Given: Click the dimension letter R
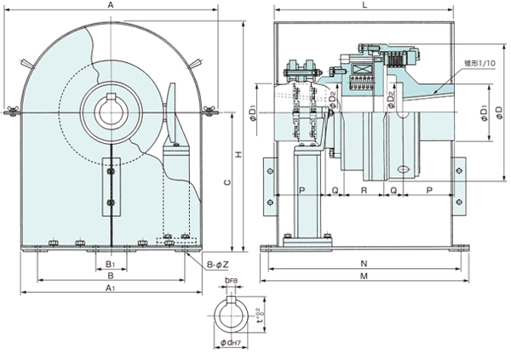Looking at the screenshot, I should pyautogui.click(x=364, y=191).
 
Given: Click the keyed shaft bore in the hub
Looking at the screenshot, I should pyautogui.click(x=110, y=109).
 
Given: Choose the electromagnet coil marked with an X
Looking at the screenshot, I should pyautogui.click(x=360, y=71).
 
